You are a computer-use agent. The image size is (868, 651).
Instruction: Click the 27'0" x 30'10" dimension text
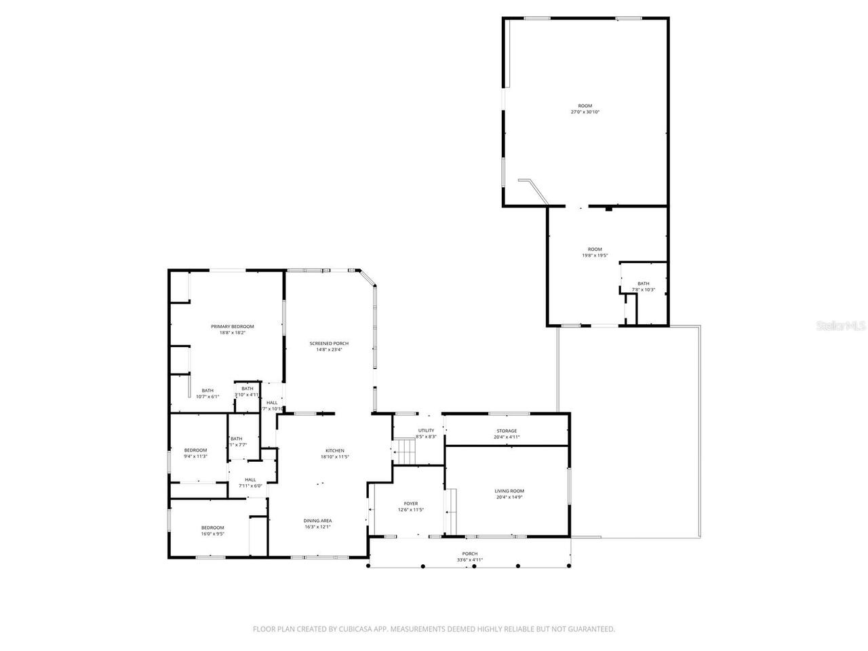point(585,112)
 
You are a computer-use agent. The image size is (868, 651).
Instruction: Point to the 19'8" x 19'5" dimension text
point(594,256)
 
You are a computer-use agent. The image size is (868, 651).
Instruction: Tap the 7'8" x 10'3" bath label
point(643,290)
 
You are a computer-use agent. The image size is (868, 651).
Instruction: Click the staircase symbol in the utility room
point(405,448)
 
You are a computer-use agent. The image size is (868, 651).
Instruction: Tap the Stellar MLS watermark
point(841,326)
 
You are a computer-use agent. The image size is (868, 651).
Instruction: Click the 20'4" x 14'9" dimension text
point(509,497)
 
